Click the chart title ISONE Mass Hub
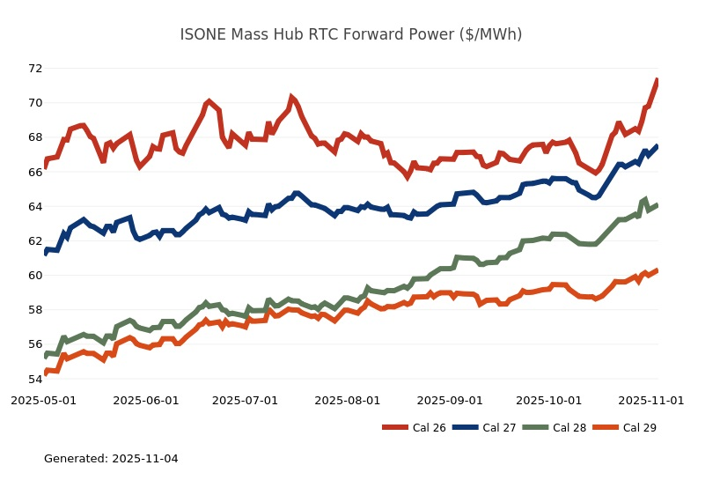[350, 34]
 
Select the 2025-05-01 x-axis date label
[43, 400]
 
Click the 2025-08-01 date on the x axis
[347, 400]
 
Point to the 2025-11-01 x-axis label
[650, 400]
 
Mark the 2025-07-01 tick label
[245, 400]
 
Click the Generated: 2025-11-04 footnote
[111, 459]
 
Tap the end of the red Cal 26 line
[657, 80]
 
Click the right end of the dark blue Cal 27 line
[657, 146]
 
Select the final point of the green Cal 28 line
[657, 204]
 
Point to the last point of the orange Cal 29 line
[657, 270]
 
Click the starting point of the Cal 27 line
[45, 254]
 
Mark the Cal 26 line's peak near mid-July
[290, 97]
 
